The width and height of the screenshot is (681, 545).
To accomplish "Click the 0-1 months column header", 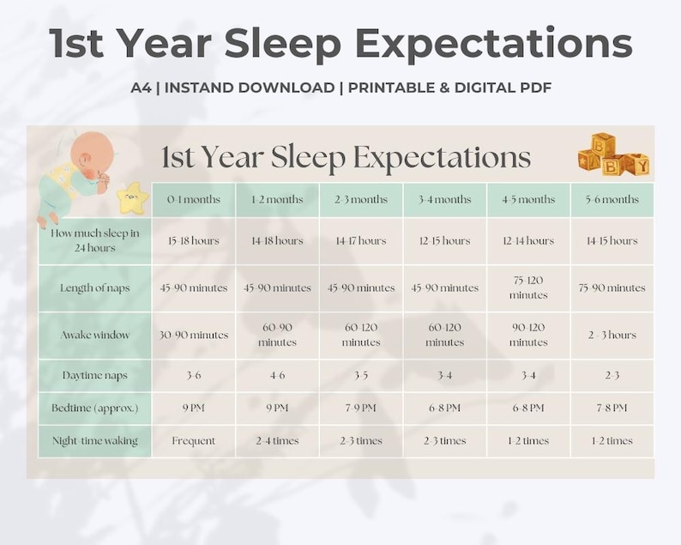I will [194, 199].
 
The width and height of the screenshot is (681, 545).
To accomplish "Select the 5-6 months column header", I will [613, 199].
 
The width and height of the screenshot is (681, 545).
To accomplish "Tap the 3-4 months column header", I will [445, 199].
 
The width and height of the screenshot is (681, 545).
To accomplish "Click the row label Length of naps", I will [94, 288].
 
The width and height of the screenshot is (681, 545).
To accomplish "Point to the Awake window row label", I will [94, 335].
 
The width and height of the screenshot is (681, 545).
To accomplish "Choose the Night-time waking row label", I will [94, 440].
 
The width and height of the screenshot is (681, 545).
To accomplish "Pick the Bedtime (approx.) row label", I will [94, 408].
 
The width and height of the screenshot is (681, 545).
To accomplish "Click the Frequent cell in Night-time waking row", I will [194, 440].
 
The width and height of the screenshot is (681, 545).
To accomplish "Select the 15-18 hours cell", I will [194, 240].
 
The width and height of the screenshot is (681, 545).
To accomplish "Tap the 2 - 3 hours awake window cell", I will [613, 335].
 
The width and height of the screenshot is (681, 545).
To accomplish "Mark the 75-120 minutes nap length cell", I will [528, 288].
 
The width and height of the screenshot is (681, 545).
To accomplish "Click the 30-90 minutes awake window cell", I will [194, 335].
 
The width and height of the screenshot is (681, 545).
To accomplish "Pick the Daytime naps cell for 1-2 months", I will [277, 375].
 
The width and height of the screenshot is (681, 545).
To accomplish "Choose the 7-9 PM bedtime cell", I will [361, 408].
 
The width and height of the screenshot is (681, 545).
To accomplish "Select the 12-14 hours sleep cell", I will [528, 240].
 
